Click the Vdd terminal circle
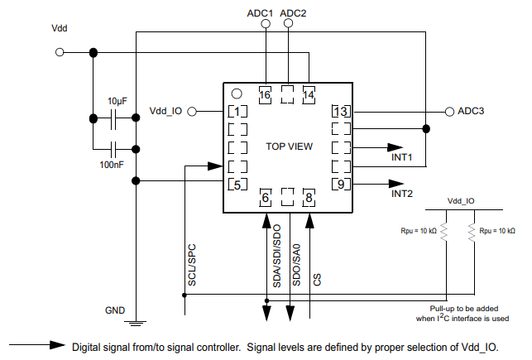[60, 52]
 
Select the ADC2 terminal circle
[288, 25]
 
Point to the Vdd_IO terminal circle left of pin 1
[191, 111]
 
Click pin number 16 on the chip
[265, 95]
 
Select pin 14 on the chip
[309, 95]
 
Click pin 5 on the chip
[237, 184]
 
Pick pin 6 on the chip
[266, 197]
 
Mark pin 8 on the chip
[309, 197]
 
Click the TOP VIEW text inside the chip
[289, 146]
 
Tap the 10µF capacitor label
[117, 100]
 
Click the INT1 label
[402, 157]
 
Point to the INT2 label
[402, 194]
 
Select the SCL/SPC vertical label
[191, 266]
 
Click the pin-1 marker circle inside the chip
[236, 94]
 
